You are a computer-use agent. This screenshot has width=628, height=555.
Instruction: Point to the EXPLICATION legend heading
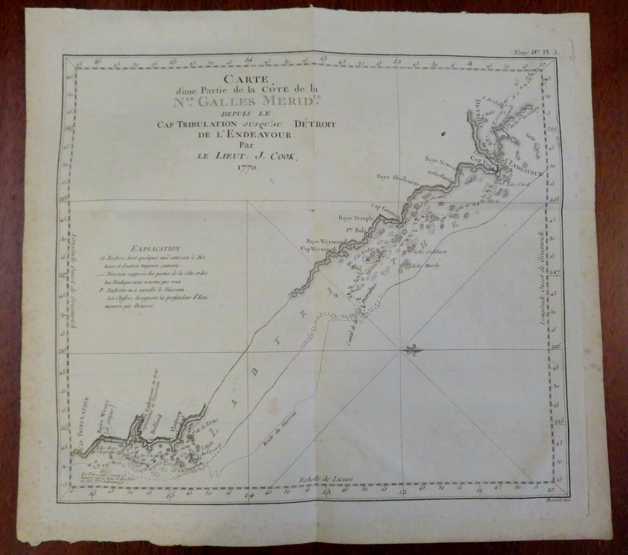[x=156, y=248]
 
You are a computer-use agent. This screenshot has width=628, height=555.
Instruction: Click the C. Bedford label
[x=155, y=433]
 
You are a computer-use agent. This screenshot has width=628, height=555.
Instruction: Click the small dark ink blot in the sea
[x=444, y=134]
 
